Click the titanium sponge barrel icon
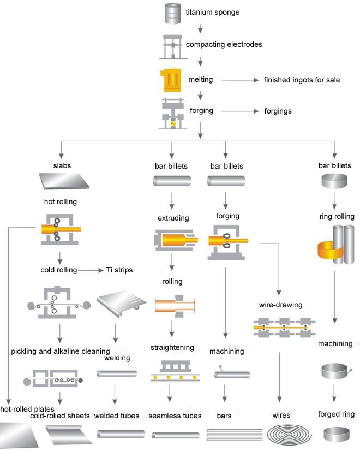tap(172, 14)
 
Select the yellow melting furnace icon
tap(172, 80)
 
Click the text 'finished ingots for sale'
tap(302, 80)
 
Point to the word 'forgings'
tap(278, 111)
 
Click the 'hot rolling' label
tap(60, 201)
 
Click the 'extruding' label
tap(173, 218)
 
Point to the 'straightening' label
tap(172, 347)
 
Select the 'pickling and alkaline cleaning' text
tap(61, 351)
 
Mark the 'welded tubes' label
tap(117, 416)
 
